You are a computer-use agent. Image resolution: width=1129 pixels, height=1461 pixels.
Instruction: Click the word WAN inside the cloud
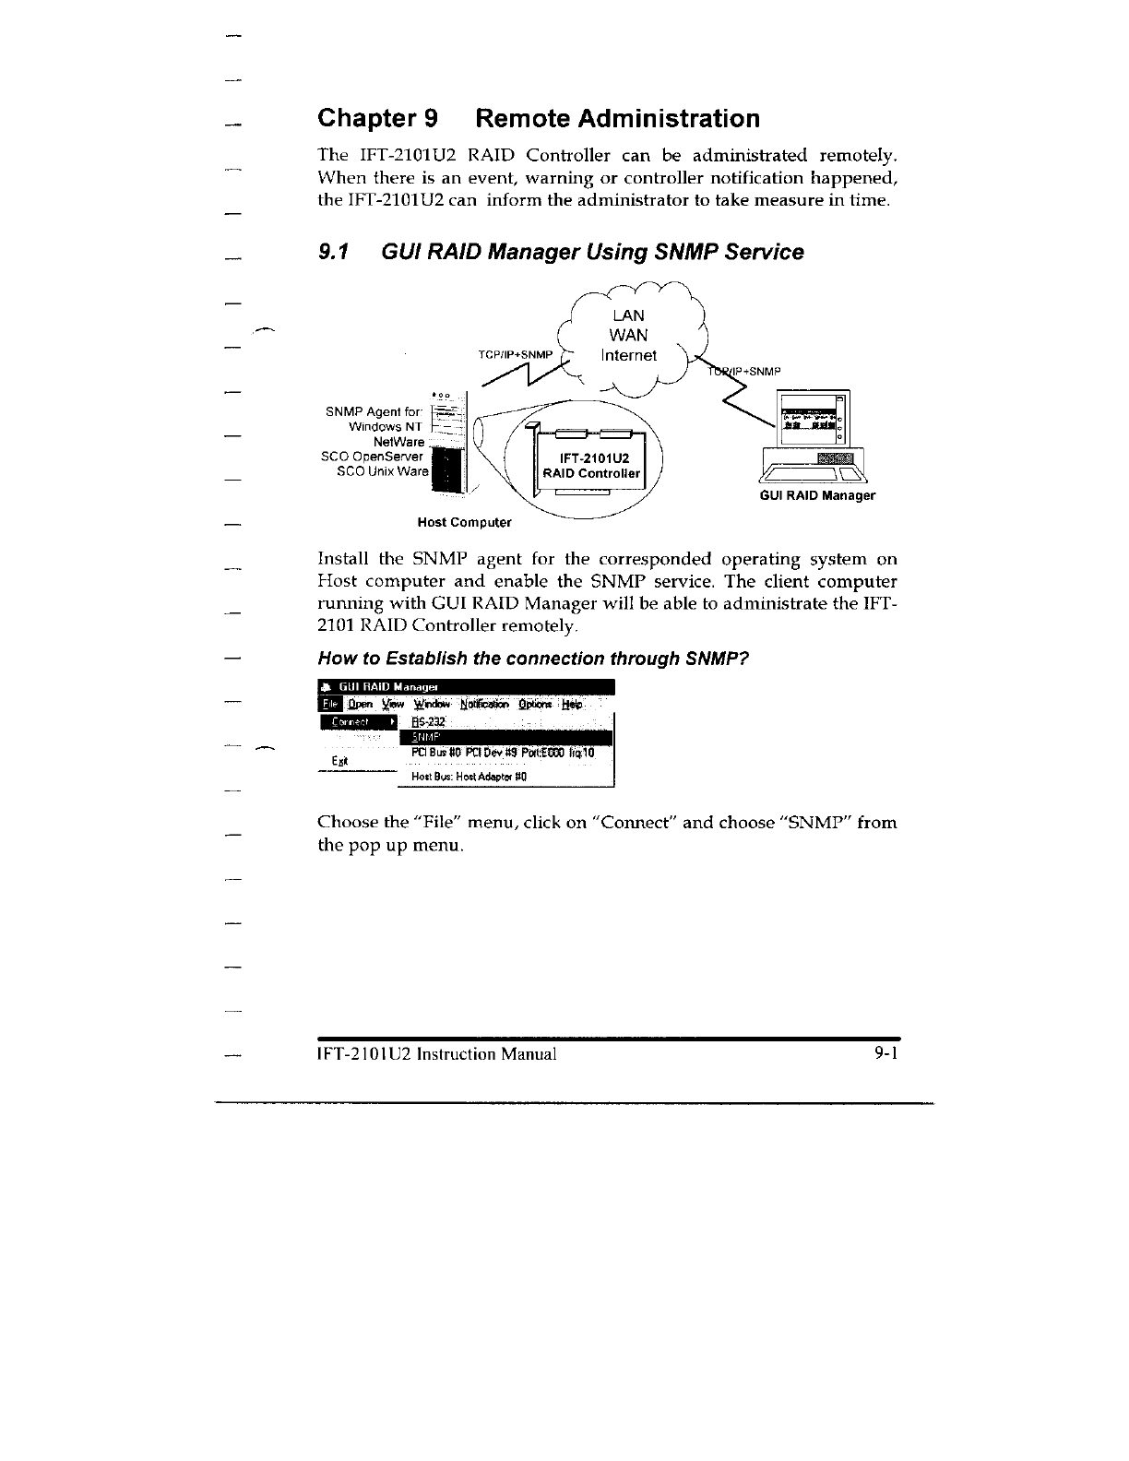click(628, 335)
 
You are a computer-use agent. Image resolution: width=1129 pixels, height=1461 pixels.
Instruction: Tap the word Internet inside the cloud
click(628, 355)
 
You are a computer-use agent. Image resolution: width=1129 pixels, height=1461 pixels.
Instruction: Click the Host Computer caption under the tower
click(464, 522)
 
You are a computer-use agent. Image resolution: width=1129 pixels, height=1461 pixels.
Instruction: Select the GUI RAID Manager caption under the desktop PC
click(816, 495)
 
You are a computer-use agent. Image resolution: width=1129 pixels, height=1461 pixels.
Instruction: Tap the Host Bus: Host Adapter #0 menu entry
click(468, 777)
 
